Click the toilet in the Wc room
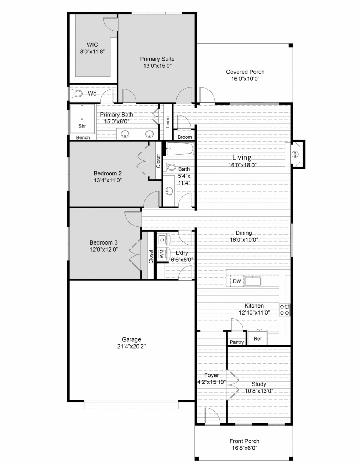[76, 94]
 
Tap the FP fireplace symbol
[295, 154]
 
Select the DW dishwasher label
[237, 281]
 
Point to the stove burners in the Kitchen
[284, 310]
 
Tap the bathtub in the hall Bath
[180, 148]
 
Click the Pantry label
[237, 342]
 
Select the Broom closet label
[185, 137]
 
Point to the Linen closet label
[168, 122]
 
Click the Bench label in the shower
[83, 138]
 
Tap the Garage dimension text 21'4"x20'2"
[131, 346]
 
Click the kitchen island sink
[253, 281]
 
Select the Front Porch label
[244, 441]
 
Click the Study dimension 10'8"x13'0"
[259, 391]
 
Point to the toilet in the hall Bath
[169, 168]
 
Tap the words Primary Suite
[157, 59]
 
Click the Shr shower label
[82, 126]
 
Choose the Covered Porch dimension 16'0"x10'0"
[245, 79]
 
